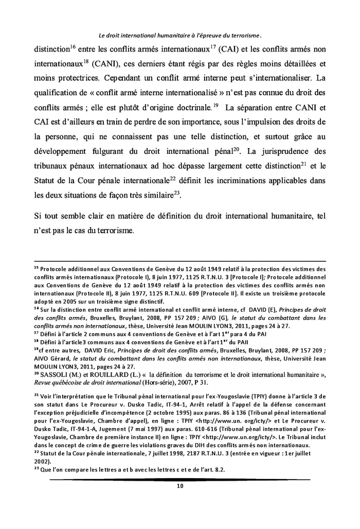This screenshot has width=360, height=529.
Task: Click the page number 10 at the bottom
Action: pyautogui.click(x=179, y=485)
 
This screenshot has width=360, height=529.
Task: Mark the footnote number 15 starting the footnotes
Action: pyautogui.click(x=37, y=268)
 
